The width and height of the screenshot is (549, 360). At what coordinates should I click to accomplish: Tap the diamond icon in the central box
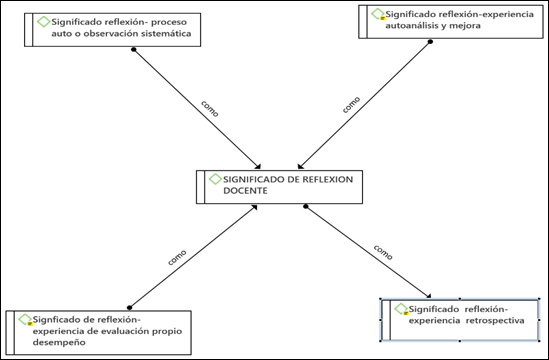[214, 180]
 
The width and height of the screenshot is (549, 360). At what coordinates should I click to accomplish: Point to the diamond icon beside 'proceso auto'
[42, 22]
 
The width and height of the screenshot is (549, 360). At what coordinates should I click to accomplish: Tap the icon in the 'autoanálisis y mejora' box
[376, 15]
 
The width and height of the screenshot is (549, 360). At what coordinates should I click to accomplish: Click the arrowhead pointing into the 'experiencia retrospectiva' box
[429, 296]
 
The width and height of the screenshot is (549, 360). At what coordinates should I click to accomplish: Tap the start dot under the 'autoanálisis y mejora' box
[429, 43]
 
